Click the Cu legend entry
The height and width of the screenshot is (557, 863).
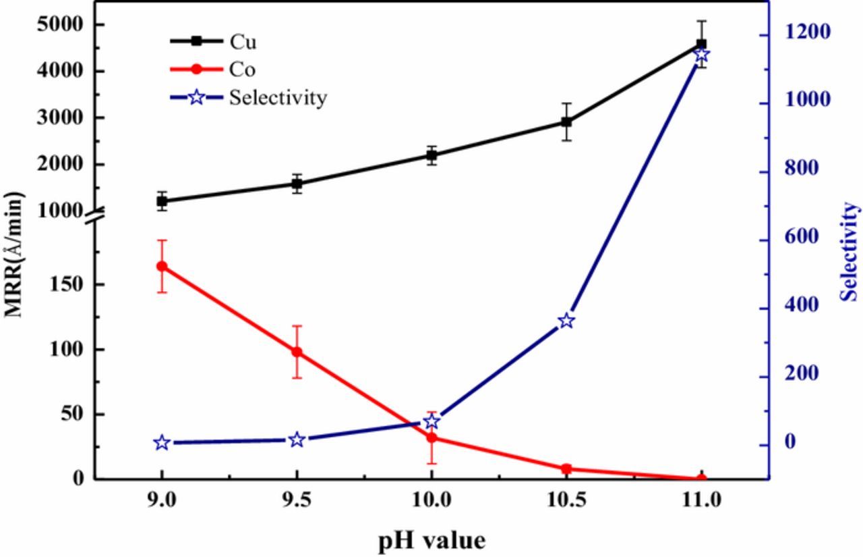(243, 42)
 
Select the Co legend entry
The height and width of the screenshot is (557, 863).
(243, 70)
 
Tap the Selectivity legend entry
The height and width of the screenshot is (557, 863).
(277, 97)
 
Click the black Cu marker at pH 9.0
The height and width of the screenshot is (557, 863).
(162, 201)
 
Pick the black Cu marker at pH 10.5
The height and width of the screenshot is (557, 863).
(566, 122)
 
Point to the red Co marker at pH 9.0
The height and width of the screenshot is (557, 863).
(162, 266)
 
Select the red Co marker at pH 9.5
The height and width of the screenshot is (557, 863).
(297, 352)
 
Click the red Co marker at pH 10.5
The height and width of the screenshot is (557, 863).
(566, 469)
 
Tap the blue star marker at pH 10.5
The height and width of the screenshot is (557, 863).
(566, 321)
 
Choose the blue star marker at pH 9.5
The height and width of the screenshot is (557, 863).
(297, 440)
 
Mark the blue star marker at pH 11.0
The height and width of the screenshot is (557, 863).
(701, 55)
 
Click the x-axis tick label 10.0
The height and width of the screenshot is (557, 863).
(431, 500)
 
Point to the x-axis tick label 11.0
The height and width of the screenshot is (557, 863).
(701, 500)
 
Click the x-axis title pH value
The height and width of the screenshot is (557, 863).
(431, 540)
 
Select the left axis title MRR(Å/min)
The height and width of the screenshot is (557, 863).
(15, 254)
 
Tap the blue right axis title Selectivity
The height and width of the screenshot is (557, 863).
(850, 251)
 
